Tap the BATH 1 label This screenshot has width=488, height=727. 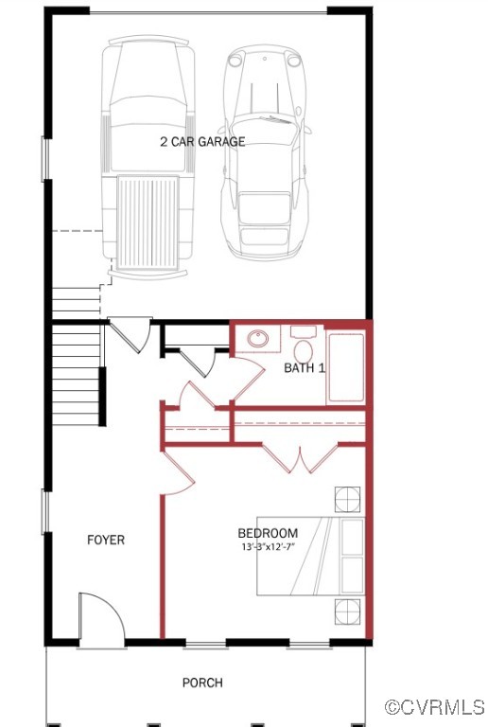(305, 367)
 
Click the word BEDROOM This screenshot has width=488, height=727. (268, 533)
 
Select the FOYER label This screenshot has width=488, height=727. (106, 541)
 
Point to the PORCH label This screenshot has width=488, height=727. (203, 683)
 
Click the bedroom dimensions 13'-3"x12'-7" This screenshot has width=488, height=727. (268, 547)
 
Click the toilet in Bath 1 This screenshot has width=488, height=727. (304, 340)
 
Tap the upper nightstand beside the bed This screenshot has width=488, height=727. (347, 499)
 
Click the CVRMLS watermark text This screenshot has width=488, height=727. (435, 707)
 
